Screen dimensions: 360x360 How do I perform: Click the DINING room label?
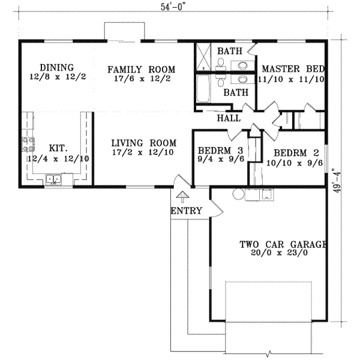[56, 67]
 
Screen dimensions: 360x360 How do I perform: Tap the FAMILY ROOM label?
[141, 70]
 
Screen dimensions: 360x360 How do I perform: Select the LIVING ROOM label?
[143, 143]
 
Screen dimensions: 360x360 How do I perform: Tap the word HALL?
[229, 118]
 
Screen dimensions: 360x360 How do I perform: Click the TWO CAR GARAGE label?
[283, 244]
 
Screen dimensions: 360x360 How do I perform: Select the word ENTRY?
[186, 211]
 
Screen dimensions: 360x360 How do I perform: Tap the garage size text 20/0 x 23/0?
[281, 254]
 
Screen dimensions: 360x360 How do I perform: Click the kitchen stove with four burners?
[28, 144]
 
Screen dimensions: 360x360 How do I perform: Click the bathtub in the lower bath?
[203, 90]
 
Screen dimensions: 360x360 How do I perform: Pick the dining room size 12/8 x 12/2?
[56, 77]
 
